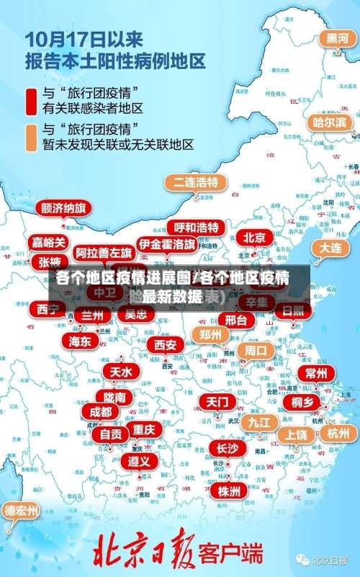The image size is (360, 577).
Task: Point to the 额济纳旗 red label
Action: (64, 208)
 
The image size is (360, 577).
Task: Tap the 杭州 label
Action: (338, 433)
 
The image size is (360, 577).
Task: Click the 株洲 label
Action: (230, 471)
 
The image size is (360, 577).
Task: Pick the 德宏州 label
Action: (22, 511)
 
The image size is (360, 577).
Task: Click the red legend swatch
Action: (32, 100)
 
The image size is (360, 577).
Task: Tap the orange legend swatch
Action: (32, 138)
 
